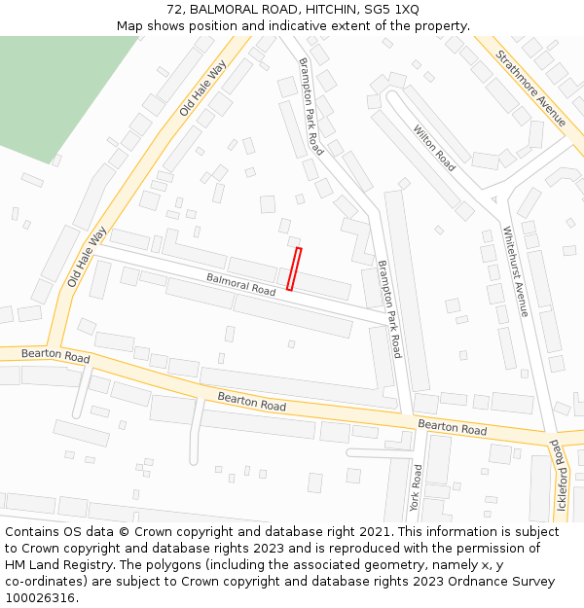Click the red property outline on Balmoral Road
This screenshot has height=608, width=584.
coord(294,269)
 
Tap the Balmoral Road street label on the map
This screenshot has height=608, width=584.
coord(241,284)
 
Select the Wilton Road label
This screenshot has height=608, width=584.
coord(434,148)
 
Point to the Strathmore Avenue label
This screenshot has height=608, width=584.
coord(530,89)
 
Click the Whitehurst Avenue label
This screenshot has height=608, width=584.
coord(515,271)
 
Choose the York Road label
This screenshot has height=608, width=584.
coord(416,487)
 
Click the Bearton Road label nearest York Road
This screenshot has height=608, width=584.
coord(452,428)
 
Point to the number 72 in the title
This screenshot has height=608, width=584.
coord(175,10)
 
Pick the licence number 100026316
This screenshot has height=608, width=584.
coord(41,598)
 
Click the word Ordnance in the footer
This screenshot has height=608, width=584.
coord(474,582)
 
